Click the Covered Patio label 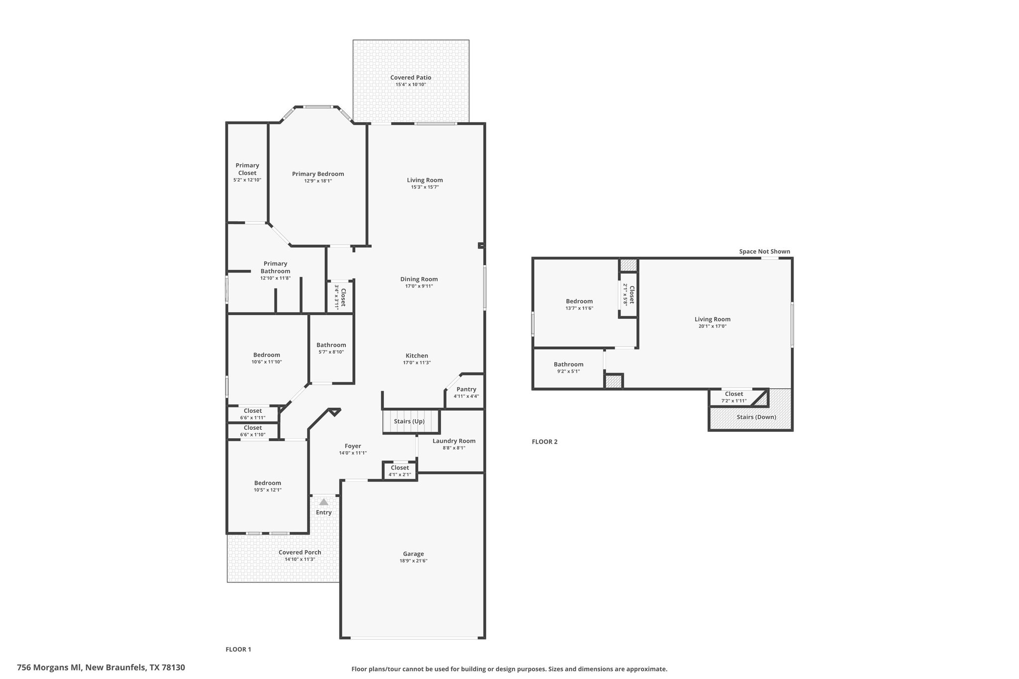point(410,78)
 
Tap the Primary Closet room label point(247,169)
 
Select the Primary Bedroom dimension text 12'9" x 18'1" point(318,181)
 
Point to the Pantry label point(466,389)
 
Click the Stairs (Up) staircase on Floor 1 point(411,422)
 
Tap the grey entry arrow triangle point(323,501)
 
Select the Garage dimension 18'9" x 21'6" point(413,561)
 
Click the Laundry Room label point(454,441)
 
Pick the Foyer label point(353,446)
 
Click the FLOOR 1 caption point(238,649)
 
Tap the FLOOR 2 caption point(545,441)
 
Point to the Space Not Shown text point(764,251)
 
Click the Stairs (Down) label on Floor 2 point(756,417)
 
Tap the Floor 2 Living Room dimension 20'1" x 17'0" point(713,326)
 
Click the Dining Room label point(419,279)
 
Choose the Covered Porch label point(300,552)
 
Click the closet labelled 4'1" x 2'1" point(400,471)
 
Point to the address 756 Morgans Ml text point(50,668)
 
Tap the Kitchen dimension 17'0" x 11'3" point(417,363)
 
